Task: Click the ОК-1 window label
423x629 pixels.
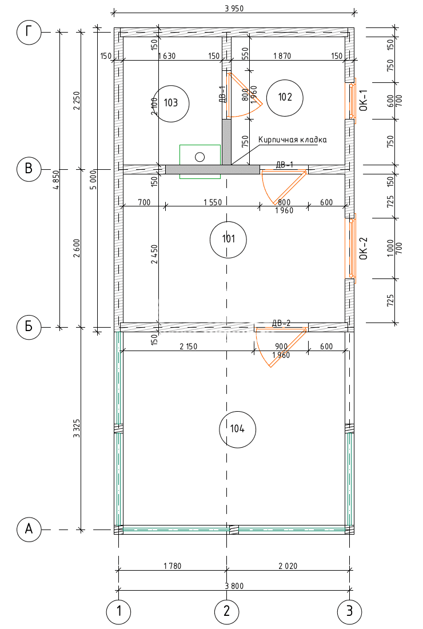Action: (363, 100)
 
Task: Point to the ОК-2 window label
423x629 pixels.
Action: (363, 248)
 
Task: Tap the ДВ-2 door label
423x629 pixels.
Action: (281, 323)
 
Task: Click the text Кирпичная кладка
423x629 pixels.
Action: (292, 140)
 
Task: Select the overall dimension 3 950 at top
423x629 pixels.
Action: (234, 9)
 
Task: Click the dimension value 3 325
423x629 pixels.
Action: (77, 428)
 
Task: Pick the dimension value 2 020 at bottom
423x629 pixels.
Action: (288, 566)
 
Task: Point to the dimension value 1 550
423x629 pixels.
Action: (213, 202)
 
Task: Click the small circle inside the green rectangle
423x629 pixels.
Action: (199, 157)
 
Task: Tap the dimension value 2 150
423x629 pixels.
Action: (189, 346)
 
